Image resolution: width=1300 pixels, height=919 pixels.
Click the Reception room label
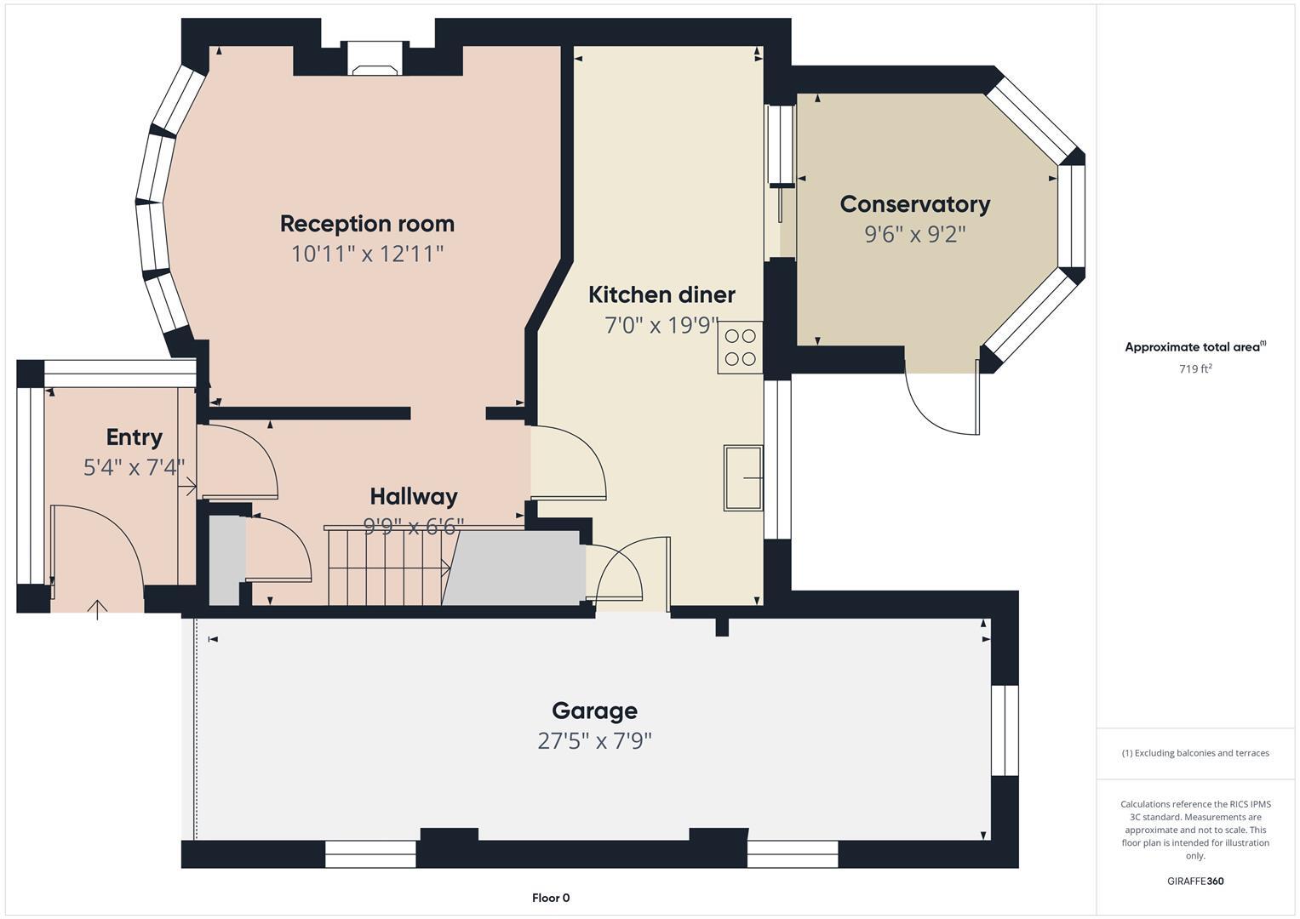(x=367, y=224)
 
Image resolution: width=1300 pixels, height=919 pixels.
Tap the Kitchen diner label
(x=661, y=294)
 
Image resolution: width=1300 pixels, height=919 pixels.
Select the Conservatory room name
(x=914, y=204)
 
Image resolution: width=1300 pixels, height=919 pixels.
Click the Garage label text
(x=594, y=711)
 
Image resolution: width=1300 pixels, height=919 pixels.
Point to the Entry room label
(x=134, y=437)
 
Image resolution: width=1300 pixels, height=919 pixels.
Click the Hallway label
(x=414, y=496)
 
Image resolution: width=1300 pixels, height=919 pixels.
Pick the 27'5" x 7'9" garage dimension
(x=594, y=741)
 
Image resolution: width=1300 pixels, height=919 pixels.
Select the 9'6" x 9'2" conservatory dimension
(x=914, y=234)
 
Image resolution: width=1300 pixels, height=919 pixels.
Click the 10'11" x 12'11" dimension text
(x=367, y=254)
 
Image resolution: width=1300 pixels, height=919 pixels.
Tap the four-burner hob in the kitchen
(x=739, y=347)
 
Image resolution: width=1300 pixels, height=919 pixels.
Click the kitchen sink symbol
(x=742, y=477)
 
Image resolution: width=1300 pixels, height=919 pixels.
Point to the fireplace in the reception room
(x=375, y=70)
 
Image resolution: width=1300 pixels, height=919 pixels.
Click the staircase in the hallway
(x=387, y=566)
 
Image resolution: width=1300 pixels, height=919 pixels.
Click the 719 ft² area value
(x=1194, y=368)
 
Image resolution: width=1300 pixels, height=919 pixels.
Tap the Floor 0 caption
(x=551, y=898)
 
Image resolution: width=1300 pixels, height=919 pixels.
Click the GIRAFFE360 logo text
(x=1194, y=881)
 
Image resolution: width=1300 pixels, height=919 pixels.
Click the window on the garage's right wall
(x=1005, y=730)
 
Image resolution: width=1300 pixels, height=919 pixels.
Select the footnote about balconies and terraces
(x=1194, y=753)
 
